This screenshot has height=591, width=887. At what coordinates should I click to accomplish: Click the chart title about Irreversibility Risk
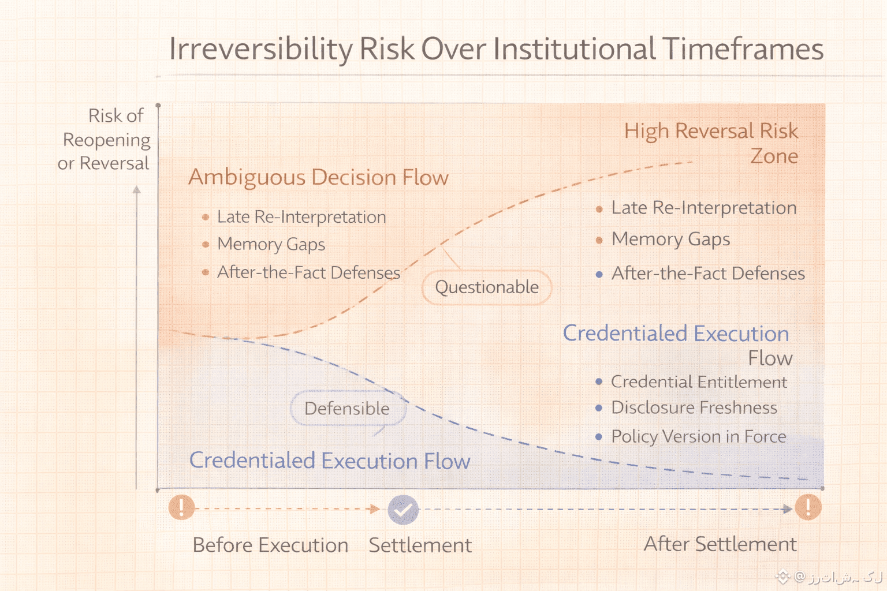496,49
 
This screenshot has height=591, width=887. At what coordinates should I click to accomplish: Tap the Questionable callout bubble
487,287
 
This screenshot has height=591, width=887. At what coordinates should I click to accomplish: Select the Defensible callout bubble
348,408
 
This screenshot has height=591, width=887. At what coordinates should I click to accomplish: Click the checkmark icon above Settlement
403,510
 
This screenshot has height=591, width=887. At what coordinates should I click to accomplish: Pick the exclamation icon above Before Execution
181,507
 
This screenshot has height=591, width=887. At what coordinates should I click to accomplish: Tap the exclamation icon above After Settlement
808,507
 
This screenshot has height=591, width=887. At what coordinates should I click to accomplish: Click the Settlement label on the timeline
420,545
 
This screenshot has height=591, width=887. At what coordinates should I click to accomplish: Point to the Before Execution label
270,545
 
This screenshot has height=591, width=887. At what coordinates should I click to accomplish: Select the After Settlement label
720,544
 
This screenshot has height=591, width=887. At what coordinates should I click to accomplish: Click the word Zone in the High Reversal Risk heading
774,156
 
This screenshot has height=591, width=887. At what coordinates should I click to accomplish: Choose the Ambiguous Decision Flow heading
318,177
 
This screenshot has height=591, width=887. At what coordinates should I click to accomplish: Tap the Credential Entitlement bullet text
699,382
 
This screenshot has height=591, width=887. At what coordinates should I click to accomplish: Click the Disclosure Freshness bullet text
694,407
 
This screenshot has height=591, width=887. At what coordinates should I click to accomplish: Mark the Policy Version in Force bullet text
699,437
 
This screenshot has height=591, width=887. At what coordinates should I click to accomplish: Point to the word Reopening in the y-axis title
106,140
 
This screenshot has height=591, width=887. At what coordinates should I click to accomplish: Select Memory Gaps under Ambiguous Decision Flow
271,245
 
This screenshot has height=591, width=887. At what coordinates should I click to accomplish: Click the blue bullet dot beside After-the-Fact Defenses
599,274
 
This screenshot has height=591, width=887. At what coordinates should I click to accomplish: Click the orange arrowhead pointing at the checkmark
375,508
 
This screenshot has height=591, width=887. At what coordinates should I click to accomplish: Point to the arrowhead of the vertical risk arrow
137,189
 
